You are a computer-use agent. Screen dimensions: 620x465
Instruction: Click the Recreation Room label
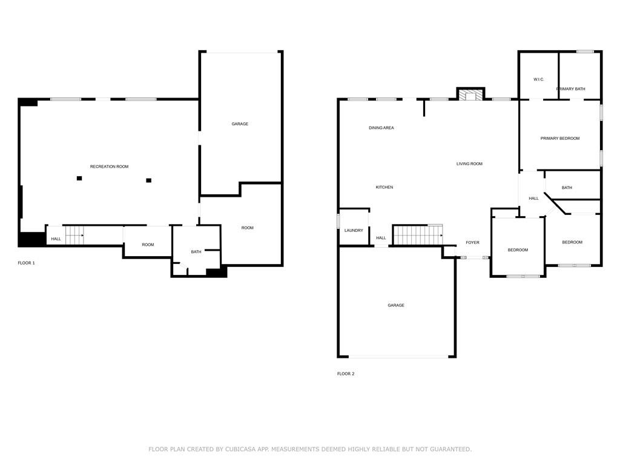coord(109,167)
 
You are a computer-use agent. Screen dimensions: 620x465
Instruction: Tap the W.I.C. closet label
coord(538,79)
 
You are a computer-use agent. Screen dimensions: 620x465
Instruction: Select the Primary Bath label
coord(570,89)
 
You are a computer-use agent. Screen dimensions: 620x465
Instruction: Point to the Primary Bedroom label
coord(560,139)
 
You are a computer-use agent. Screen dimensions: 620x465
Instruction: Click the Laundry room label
coord(354,231)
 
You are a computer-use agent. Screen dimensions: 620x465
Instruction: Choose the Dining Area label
coord(381,128)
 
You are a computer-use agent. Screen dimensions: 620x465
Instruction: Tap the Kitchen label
coord(384,187)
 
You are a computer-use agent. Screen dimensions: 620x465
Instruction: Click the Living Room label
coord(469,163)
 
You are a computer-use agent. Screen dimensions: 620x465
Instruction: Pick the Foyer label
coord(472,242)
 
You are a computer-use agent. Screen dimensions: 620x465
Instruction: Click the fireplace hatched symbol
coord(470,96)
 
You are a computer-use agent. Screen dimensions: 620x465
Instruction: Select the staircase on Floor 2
coord(418,235)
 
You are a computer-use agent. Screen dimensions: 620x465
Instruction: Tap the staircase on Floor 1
coord(74,236)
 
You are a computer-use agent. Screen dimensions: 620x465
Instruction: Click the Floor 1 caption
coord(27,263)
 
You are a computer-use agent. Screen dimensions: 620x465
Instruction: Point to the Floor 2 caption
coord(346,374)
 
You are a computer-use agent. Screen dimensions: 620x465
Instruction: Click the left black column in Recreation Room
coord(79,179)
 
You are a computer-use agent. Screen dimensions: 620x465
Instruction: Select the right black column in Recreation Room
coord(149,180)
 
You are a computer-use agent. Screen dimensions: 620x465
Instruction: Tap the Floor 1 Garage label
coord(240,124)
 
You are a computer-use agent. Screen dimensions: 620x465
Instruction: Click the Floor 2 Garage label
coord(396,305)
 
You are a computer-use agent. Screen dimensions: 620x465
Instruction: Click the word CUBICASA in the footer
coord(240,449)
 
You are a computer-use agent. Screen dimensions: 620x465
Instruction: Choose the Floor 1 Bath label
coord(196,252)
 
